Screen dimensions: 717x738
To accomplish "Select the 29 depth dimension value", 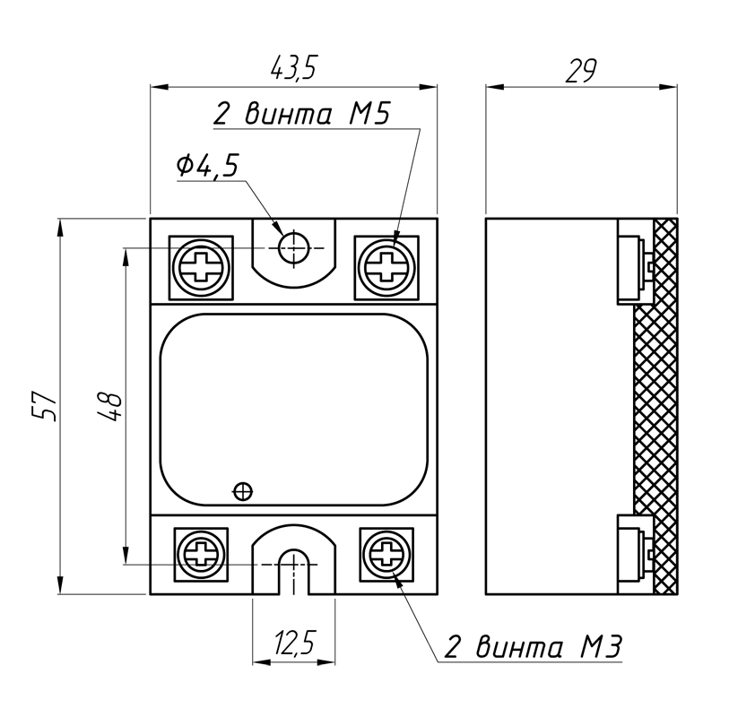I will pyautogui.click(x=580, y=70).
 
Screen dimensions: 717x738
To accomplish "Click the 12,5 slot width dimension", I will pyautogui.click(x=294, y=643).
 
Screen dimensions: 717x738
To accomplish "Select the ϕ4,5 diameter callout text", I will pyautogui.click(x=208, y=166).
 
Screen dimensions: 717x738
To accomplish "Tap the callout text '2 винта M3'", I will pyautogui.click(x=533, y=647).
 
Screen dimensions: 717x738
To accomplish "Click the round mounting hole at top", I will pyautogui.click(x=292, y=246).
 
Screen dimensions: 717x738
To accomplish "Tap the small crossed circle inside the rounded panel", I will pyautogui.click(x=242, y=490).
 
